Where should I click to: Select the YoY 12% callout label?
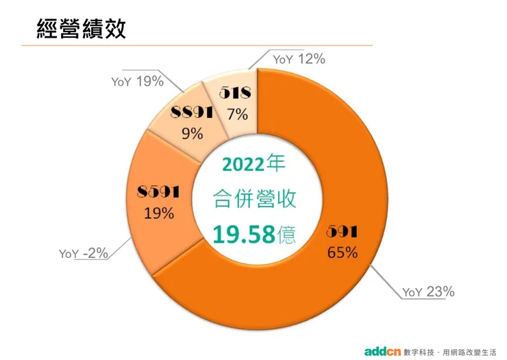[299, 59]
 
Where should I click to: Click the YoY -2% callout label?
[84, 253]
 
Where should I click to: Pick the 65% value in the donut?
[343, 252]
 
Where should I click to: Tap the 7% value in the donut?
[238, 113]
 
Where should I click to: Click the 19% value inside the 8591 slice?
[158, 213]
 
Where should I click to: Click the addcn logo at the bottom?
[382, 349]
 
